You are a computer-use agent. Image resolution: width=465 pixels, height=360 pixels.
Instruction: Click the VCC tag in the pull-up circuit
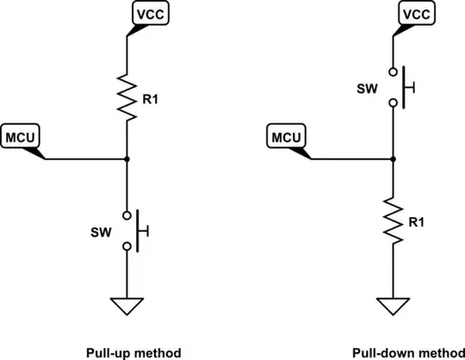(147, 14)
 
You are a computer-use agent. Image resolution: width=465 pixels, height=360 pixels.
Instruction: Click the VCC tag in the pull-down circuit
(412, 14)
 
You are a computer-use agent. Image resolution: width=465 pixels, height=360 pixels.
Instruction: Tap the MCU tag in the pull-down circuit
(286, 136)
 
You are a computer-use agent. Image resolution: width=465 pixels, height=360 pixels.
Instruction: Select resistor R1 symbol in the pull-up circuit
(127, 98)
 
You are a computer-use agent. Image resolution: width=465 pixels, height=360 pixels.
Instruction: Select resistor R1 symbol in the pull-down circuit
(392, 220)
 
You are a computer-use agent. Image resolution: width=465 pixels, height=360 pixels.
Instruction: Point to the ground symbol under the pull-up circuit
(127, 305)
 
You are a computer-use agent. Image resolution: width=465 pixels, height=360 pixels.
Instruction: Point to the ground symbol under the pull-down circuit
(392, 305)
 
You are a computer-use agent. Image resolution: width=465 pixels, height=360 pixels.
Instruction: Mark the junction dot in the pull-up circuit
(127, 159)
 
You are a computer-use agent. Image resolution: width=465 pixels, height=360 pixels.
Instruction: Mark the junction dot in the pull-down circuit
(392, 159)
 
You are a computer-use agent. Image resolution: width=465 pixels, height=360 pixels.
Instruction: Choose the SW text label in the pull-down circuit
(365, 88)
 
